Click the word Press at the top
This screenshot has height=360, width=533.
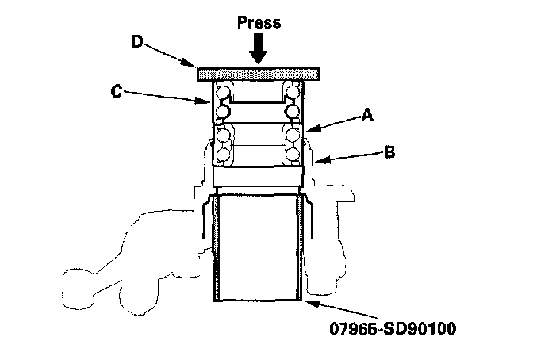259,22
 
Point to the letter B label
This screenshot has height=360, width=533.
389,150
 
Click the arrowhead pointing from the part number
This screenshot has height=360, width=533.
305,301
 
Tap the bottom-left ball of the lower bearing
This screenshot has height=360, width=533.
223,154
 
